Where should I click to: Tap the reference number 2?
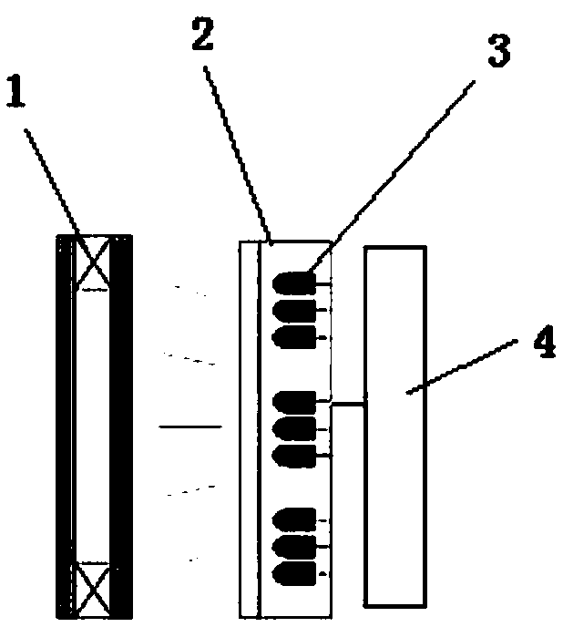[202, 36]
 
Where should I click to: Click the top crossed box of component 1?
[94, 261]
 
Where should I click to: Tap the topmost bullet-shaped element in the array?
[293, 283]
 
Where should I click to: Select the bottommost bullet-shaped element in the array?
[293, 574]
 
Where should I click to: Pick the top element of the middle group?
[293, 401]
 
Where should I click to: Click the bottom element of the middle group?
[293, 455]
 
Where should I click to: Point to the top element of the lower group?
[293, 519]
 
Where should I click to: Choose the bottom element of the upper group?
[293, 337]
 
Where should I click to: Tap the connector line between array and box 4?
[348, 403]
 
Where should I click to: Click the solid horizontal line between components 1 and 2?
[189, 426]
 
